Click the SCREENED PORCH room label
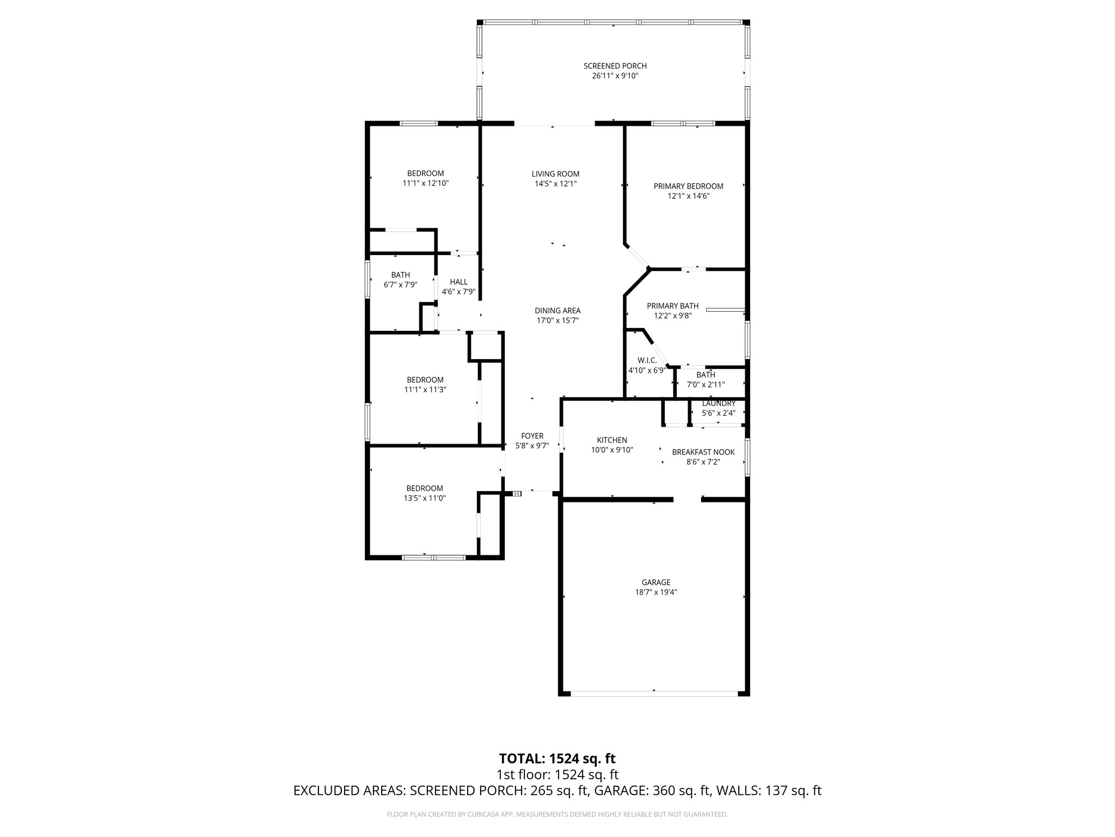tap(615, 66)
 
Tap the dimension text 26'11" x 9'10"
tap(615, 76)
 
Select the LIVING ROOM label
tap(555, 174)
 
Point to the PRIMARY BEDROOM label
tap(688, 186)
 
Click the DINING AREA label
tap(557, 311)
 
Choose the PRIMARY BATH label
tap(672, 306)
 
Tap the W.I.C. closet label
tap(647, 360)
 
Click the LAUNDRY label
tap(719, 403)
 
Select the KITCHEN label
tap(612, 440)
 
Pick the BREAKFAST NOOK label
tap(703, 452)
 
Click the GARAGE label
tap(655, 582)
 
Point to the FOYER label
tap(532, 435)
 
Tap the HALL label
tap(458, 282)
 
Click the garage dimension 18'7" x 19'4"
tap(655, 592)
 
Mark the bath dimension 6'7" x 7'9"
tap(400, 284)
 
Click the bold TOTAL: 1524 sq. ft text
tap(557, 758)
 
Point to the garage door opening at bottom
tap(654, 693)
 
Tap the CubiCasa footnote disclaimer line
tap(557, 814)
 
